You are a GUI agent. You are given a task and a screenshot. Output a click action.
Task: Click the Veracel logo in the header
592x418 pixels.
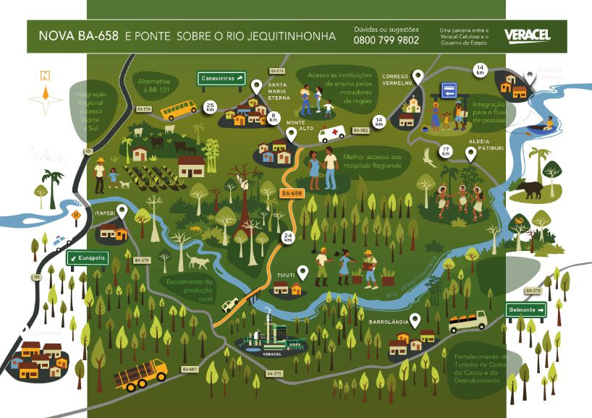pos(528,35)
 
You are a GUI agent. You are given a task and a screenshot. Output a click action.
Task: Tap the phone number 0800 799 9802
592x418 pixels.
pos(386,40)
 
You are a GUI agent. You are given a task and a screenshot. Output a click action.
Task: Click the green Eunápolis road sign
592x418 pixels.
pos(86,257)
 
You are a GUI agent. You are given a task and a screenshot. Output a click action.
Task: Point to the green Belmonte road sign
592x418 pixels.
pos(526,310)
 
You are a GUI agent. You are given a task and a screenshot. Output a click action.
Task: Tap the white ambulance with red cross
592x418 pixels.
pos(333,134)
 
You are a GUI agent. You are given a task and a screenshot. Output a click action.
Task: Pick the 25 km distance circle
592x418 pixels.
pos(211,107)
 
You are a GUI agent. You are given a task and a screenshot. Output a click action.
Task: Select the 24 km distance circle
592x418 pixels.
pos(288,236)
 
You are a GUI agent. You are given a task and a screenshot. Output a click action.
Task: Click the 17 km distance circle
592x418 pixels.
pos(446,152)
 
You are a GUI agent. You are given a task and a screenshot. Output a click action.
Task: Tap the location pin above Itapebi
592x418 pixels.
pos(122,212)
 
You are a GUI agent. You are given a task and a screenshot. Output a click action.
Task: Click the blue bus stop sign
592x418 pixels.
pos(449,93)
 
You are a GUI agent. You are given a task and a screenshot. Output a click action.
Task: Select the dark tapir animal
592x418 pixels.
pos(530,189)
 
